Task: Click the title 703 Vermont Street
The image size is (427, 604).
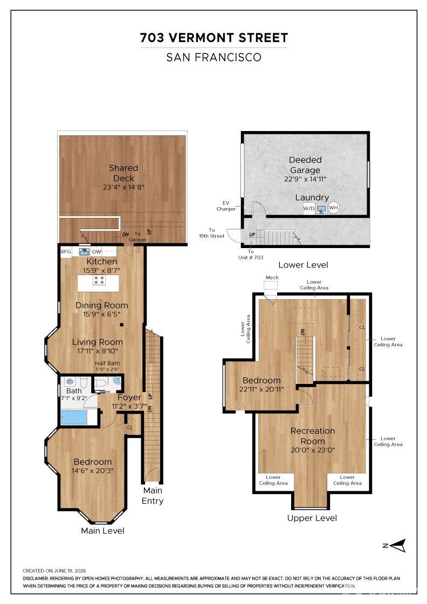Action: click(x=214, y=38)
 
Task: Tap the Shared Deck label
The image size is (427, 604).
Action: click(x=123, y=173)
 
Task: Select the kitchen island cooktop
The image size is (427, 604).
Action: click(x=99, y=280)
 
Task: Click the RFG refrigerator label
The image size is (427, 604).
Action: click(x=66, y=251)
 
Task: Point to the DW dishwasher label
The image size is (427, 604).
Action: click(x=97, y=251)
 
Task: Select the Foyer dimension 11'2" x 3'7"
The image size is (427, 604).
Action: click(x=129, y=407)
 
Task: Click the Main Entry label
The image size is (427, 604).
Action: click(x=153, y=496)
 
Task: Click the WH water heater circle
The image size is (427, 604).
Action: click(x=333, y=208)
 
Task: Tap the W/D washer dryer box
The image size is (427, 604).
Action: click(x=309, y=208)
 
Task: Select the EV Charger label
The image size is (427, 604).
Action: click(x=225, y=205)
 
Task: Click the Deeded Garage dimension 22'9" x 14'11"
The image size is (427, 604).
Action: click(x=305, y=179)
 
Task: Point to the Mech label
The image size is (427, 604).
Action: click(x=272, y=277)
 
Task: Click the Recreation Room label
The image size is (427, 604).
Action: click(x=313, y=436)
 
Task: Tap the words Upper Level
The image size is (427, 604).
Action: click(x=312, y=518)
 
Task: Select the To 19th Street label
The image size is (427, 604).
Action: click(x=212, y=233)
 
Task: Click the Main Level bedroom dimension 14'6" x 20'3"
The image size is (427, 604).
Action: click(x=92, y=471)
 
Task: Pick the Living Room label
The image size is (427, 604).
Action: click(x=98, y=342)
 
